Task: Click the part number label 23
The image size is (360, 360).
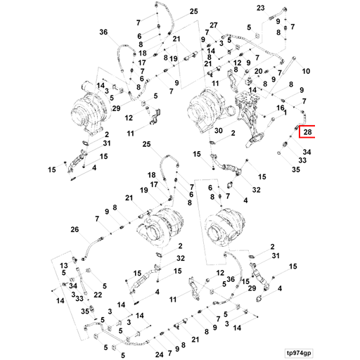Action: coord(261,8)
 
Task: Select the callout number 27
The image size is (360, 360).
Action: coord(214,25)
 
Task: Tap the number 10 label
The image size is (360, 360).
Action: coord(306,71)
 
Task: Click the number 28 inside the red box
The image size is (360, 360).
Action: coord(307,132)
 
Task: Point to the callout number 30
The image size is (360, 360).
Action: coord(219,130)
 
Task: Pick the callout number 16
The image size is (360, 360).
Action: coord(281,108)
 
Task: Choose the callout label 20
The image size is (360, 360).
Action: coord(258,71)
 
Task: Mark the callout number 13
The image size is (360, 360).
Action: coord(63,266)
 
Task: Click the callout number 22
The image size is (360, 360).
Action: coord(98,295)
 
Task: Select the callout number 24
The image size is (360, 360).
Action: coord(159,354)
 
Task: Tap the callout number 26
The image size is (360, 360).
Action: coord(75,229)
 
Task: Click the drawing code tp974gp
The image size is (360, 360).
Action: coord(299,353)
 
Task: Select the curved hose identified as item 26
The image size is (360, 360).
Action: coord(91,249)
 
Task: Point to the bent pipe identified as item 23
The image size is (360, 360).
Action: coord(277,13)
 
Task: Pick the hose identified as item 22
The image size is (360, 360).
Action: coord(82,281)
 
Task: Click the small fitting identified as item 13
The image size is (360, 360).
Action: coord(75,259)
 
